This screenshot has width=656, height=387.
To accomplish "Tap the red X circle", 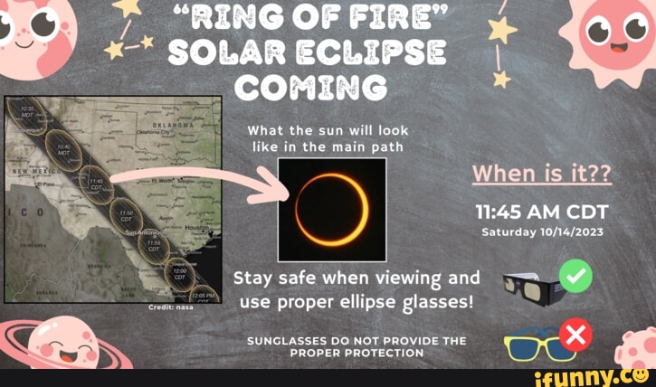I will [575, 336].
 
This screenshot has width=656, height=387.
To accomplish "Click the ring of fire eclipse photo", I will [332, 202].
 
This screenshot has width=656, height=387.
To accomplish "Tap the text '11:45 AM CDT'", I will [543, 212].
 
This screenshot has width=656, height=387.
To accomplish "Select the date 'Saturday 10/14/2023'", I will [543, 232].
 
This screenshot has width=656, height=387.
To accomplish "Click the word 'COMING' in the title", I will [310, 88].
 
